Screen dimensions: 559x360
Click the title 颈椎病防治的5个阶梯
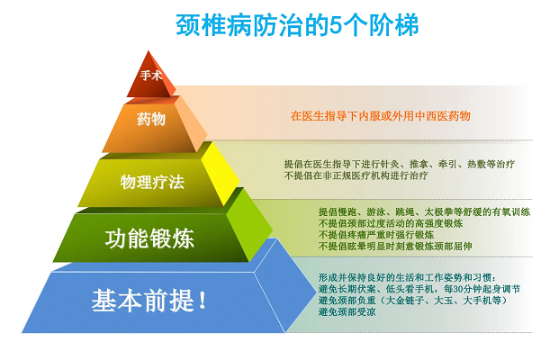click(297, 25)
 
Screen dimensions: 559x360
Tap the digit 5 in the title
click(335, 25)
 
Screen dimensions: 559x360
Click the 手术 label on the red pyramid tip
click(151, 76)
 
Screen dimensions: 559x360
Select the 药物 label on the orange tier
click(151, 119)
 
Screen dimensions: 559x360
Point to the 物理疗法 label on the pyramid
click(152, 182)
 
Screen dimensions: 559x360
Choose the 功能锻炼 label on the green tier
click(149, 238)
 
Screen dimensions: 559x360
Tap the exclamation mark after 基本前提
click(203, 301)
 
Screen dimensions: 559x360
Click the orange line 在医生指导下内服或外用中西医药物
click(381, 116)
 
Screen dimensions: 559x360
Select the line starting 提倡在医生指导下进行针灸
click(400, 164)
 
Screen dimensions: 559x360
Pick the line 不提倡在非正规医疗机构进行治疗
click(356, 175)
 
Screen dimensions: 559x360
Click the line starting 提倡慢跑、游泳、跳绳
click(424, 212)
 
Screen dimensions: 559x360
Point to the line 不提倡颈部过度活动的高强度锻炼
click(391, 223)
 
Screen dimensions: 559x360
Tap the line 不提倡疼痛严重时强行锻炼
click(375, 235)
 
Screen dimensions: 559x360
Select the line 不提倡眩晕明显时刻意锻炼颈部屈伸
click(395, 247)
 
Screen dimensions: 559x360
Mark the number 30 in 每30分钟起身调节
click(458, 289)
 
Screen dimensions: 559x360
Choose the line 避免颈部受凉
click(347, 312)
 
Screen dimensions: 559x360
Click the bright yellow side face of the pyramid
click(220, 174)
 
